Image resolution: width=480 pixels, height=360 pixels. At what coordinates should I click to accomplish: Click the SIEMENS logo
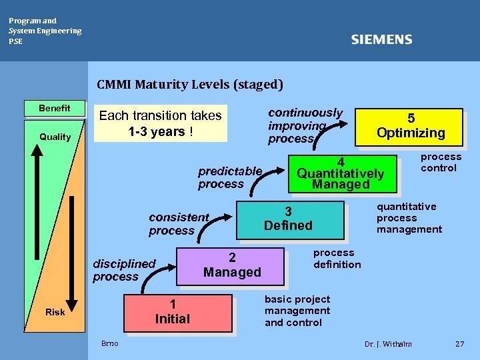pos(381,40)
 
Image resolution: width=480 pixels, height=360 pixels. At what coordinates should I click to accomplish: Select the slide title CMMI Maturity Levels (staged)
pos(190,85)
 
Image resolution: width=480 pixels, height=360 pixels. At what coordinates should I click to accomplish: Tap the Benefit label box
pos(55,108)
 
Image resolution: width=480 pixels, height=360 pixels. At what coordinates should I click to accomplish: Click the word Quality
pos(55,137)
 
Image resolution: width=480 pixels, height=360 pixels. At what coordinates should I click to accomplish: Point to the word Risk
pos(55,312)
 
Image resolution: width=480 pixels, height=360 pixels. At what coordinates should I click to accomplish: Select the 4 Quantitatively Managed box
pos(341,173)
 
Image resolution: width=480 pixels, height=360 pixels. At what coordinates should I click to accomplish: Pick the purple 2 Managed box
pos(231,265)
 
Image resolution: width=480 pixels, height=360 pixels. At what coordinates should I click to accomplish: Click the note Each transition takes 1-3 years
pos(160,123)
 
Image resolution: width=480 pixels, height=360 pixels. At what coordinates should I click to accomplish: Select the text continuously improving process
pos(305,125)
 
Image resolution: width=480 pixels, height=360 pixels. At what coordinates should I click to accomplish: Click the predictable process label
pos(229,177)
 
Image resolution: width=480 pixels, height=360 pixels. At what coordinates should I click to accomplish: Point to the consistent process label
pos(179,224)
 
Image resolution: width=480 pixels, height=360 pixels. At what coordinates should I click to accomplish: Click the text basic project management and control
pos(297,311)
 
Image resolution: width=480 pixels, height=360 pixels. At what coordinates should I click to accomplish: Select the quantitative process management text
pos(408,218)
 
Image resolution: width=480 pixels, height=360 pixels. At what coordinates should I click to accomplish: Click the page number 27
pos(459,344)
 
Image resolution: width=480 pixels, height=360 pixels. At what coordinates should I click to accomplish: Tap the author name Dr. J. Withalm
pos(388,344)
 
